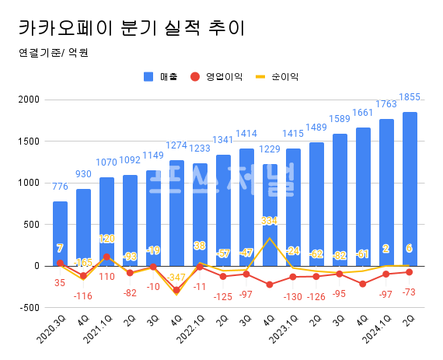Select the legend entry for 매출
162,77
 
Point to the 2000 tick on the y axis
29,100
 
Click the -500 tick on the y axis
29,307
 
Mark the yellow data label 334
270,221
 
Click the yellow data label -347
176,278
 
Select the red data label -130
293,297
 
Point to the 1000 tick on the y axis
29,183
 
